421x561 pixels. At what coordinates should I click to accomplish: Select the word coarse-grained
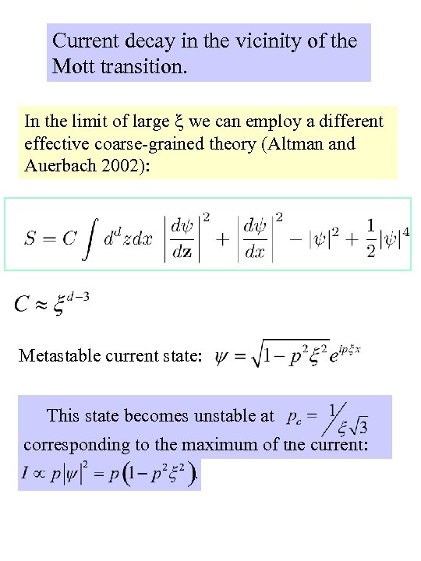[165, 143]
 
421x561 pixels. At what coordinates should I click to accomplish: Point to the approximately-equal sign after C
[42, 304]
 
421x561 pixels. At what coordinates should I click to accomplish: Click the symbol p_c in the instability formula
[294, 416]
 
